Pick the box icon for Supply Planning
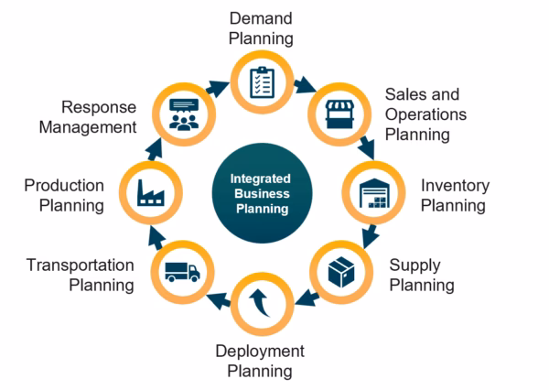coord(342,272)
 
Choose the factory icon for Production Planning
coord(149,192)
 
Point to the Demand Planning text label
coord(262,27)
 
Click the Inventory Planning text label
coord(454,195)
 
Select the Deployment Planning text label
coord(260,361)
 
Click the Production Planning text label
coord(64,195)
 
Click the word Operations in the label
coord(425,114)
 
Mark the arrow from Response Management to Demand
coord(218,87)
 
